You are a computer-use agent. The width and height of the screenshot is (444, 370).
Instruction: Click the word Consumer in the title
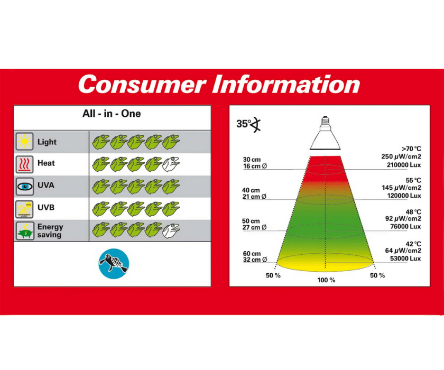142,85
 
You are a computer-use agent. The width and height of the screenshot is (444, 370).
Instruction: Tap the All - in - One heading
112,114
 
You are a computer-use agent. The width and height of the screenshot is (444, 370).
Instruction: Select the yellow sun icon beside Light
24,141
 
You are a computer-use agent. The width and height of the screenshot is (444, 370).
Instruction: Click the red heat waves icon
24,164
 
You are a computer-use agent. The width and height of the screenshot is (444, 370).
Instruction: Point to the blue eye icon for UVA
24,186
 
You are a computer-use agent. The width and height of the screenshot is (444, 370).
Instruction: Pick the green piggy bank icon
24,231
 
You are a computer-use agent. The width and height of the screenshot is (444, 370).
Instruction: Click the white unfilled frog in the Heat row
171,164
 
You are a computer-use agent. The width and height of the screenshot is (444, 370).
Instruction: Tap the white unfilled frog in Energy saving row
171,230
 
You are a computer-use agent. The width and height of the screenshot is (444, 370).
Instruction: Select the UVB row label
46,207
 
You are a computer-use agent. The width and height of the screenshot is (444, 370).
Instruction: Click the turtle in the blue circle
114,264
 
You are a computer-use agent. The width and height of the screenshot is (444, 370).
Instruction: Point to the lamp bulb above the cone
325,133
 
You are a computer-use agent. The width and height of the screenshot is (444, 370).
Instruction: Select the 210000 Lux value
404,165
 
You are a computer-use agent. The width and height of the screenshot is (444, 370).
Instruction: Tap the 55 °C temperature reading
413,180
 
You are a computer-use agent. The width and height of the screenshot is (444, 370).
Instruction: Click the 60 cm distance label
252,253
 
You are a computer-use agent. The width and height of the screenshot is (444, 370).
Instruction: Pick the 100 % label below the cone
326,280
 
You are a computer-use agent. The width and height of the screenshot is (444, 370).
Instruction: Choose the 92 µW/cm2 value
403,218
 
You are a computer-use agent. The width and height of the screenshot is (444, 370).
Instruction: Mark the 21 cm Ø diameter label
254,197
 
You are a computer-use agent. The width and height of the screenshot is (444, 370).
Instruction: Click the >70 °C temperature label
411,149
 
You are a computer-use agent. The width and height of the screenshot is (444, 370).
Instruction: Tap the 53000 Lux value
405,258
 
